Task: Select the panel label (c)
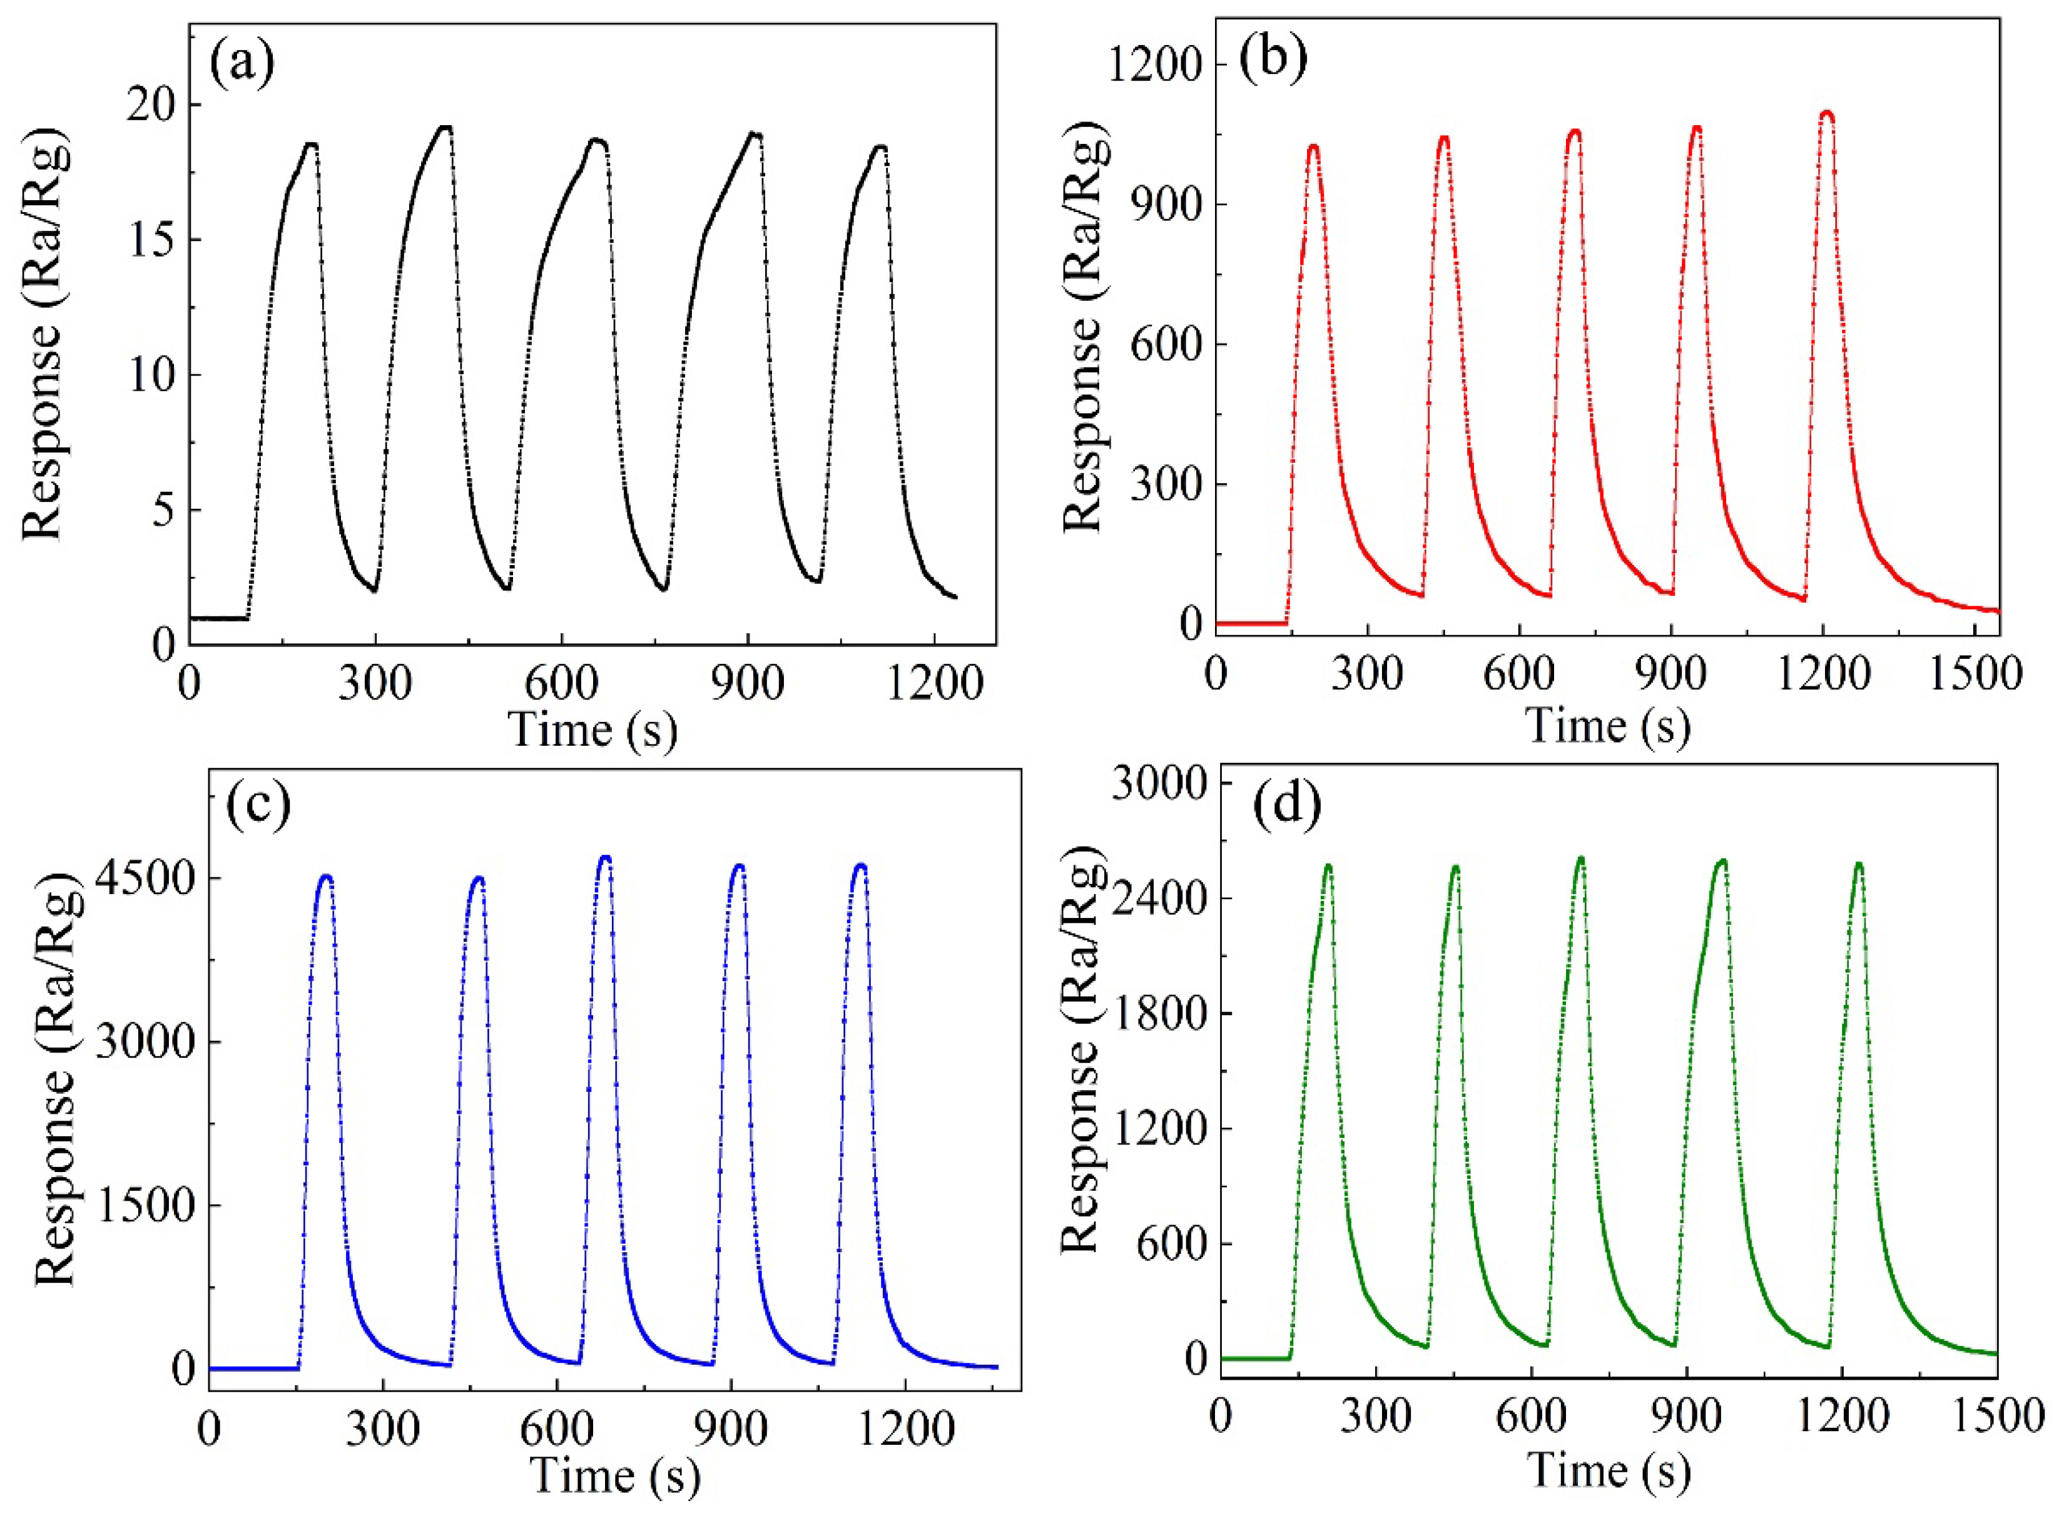coord(258,804)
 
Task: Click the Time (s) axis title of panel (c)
coord(614,1477)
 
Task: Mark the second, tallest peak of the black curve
coord(445,128)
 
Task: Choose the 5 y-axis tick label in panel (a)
coord(163,511)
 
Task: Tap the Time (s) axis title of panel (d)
coord(1608,1470)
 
